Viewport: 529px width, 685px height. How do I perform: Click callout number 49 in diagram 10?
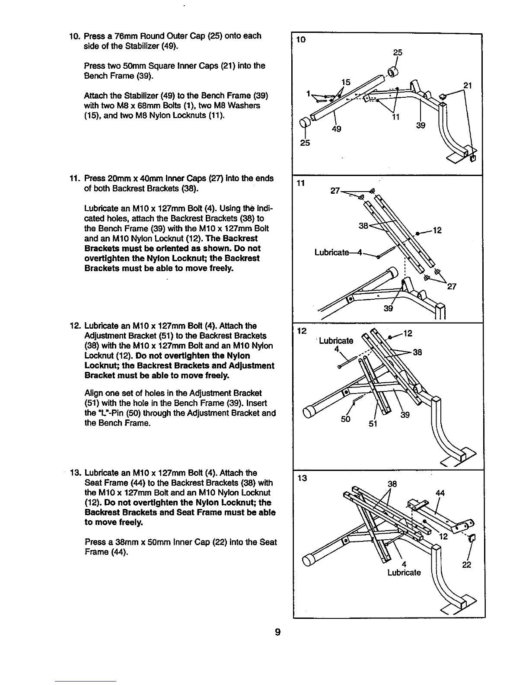click(336, 128)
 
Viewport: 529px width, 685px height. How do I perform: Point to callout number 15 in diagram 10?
click(345, 82)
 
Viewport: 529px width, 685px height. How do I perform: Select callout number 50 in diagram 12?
click(345, 419)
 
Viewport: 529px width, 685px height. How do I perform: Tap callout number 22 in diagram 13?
click(466, 565)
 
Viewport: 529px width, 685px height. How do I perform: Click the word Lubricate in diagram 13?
click(404, 573)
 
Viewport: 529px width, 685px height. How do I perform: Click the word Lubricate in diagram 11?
click(331, 253)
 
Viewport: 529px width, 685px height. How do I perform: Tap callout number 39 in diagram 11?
click(389, 308)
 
